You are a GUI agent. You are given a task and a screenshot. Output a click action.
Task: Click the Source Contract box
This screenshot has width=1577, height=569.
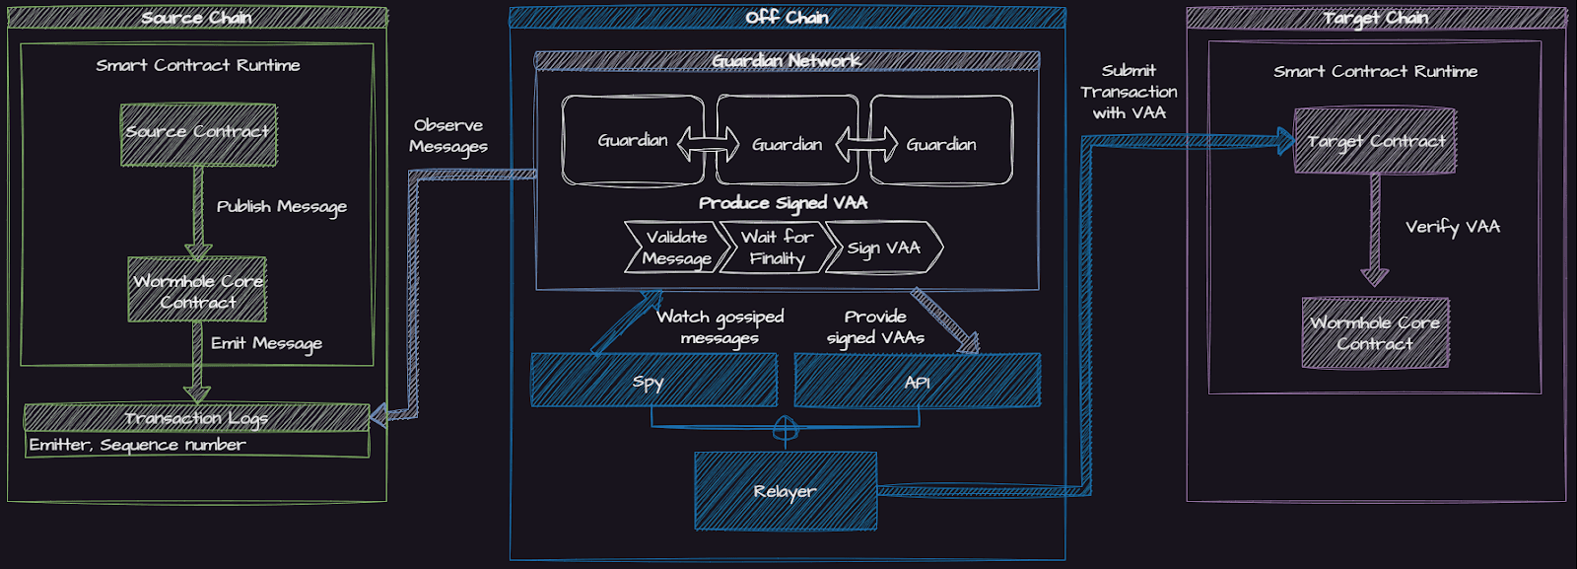point(198,134)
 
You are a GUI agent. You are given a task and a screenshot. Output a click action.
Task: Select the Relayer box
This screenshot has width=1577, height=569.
point(786,491)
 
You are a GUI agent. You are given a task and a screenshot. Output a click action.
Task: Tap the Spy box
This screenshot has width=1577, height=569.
point(653,381)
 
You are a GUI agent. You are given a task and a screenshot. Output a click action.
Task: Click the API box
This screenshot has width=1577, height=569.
point(918,381)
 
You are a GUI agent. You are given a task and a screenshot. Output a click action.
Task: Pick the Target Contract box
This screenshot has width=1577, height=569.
point(1375,141)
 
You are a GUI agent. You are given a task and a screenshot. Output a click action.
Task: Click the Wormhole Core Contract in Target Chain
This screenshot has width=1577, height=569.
point(1375,333)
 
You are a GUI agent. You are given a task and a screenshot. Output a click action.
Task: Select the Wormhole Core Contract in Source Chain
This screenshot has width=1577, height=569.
point(197,290)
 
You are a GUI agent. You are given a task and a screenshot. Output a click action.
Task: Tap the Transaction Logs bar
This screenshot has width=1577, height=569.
point(196,417)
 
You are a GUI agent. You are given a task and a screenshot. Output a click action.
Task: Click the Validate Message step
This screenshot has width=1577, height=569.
point(676,248)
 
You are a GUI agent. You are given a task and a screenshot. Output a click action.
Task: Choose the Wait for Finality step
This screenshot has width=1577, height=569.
point(777,248)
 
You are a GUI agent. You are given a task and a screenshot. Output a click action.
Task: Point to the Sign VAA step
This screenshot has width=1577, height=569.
point(884,248)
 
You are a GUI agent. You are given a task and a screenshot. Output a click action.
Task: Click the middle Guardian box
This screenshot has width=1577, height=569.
point(787,143)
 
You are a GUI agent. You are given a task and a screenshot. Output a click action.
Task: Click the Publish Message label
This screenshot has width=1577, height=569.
point(281,206)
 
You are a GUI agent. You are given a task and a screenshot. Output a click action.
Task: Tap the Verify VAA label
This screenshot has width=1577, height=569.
point(1452,226)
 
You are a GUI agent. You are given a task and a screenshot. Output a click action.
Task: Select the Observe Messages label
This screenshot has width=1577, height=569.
point(448,135)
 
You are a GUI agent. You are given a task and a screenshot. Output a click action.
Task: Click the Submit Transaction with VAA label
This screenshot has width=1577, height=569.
point(1129,92)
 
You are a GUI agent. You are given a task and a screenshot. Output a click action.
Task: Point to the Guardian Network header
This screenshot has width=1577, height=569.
point(787,61)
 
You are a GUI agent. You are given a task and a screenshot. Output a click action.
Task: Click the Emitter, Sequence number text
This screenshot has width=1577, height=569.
point(138,445)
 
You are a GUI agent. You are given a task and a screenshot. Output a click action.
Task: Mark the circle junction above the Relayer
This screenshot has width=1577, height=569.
point(785,428)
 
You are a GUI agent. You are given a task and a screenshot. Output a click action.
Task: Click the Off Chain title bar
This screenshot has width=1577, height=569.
point(787,17)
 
